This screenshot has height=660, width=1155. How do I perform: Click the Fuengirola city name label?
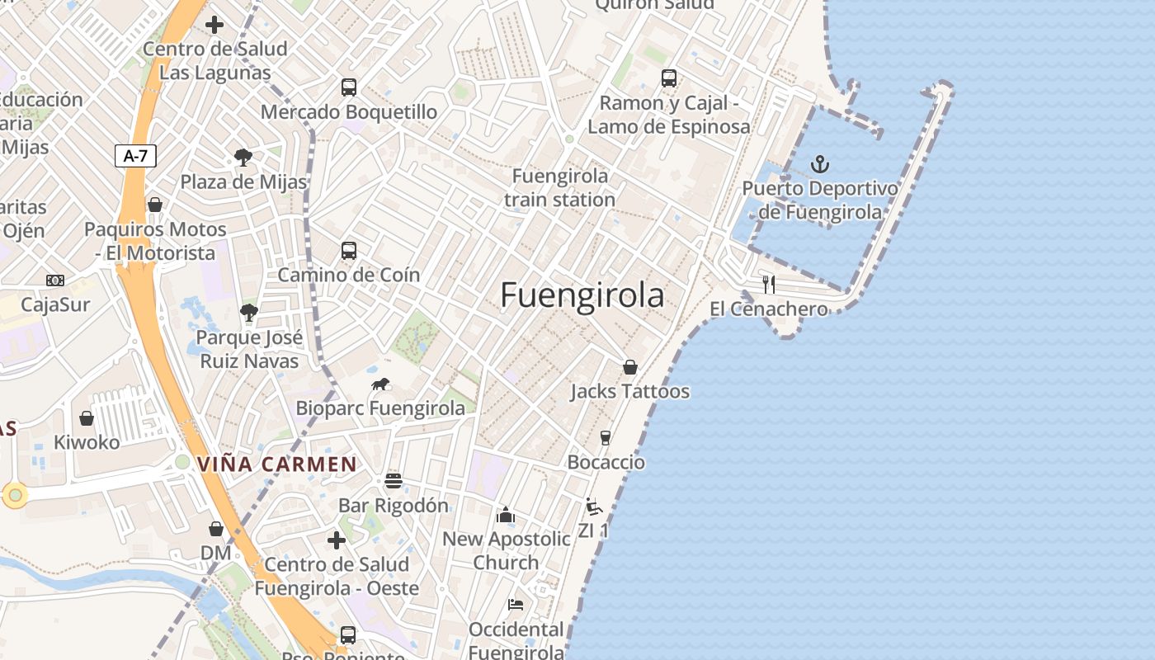[x=582, y=295]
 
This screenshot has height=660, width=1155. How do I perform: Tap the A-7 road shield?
[x=135, y=156]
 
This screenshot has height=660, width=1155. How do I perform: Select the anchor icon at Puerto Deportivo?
[x=819, y=164]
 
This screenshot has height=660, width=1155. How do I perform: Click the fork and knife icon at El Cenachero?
[x=769, y=285]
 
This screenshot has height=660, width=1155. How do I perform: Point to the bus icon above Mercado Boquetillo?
[x=349, y=87]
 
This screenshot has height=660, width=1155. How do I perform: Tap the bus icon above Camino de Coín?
[x=349, y=251]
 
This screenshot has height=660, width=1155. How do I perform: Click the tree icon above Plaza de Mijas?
[x=243, y=158]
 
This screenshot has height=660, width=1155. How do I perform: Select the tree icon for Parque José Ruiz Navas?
[x=248, y=313]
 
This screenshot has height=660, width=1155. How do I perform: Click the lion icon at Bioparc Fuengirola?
[x=380, y=384]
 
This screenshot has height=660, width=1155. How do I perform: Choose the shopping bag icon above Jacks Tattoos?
[x=630, y=367]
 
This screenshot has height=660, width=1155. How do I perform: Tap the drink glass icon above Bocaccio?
[x=606, y=437]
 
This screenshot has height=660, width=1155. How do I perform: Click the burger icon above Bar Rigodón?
[x=394, y=481]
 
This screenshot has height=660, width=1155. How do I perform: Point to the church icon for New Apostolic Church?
[x=506, y=516]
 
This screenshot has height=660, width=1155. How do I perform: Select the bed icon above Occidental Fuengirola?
[x=516, y=605]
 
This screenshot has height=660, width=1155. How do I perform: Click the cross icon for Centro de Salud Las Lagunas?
[x=214, y=25]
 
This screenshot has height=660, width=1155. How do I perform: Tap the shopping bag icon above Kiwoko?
[x=87, y=418]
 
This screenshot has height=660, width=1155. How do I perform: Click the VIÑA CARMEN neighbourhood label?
[x=277, y=464]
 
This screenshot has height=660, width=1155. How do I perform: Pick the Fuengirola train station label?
[x=559, y=188]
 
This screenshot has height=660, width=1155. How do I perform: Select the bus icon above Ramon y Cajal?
[x=669, y=78]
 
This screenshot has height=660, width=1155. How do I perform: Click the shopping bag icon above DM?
[x=216, y=529]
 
